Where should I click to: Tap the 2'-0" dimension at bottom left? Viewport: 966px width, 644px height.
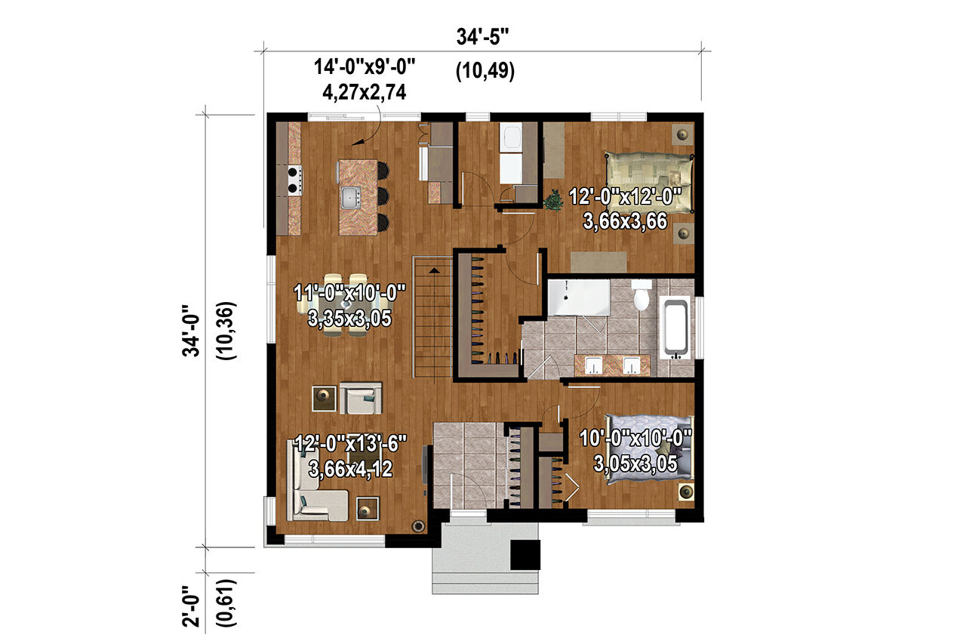(194, 602)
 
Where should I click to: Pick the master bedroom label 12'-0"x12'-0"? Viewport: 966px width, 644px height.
(626, 198)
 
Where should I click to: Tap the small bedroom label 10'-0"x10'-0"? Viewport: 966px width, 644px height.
(635, 437)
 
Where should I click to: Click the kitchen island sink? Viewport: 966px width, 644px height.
(349, 199)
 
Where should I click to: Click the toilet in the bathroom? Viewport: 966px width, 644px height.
(641, 296)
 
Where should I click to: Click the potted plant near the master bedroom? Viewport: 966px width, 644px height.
(553, 200)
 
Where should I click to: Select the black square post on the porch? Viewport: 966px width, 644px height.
(525, 555)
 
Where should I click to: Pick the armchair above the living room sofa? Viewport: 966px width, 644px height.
(361, 397)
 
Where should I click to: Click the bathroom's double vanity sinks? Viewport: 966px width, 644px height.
(612, 365)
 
